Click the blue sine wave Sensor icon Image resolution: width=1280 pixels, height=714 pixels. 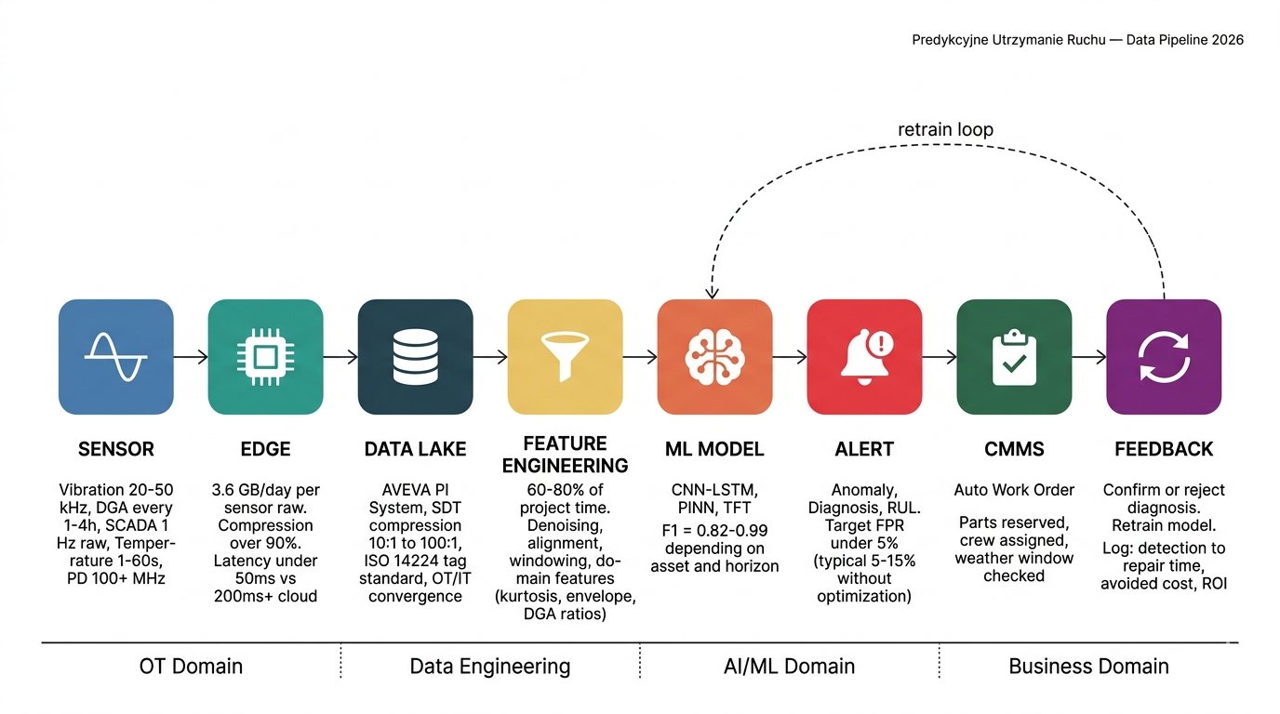tap(115, 357)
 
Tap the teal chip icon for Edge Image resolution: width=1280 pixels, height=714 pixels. tap(265, 357)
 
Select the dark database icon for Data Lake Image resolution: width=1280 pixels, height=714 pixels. tap(415, 357)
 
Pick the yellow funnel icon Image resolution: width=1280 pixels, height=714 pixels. tap(565, 357)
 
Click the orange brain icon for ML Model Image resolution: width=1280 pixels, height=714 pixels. tap(714, 357)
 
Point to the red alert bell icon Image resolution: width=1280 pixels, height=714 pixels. tap(864, 357)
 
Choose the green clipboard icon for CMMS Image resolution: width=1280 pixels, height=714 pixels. tap(1014, 357)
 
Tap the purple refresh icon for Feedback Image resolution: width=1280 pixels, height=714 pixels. tap(1164, 357)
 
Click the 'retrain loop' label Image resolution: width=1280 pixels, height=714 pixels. tap(945, 129)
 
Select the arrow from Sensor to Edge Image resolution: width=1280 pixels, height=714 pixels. tap(191, 357)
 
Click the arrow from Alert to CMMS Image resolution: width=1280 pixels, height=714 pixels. tap(939, 357)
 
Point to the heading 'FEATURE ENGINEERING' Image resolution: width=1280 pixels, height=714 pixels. tap(564, 455)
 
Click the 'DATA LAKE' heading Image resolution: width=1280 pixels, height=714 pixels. tap(415, 449)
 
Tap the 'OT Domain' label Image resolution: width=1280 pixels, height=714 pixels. tap(191, 667)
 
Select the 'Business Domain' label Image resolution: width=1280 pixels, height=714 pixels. tap(1088, 667)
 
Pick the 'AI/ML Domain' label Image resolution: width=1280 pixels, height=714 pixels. tap(789, 667)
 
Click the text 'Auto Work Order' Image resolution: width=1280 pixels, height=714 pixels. tap(1014, 490)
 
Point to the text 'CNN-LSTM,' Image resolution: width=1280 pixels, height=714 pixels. tap(714, 490)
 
